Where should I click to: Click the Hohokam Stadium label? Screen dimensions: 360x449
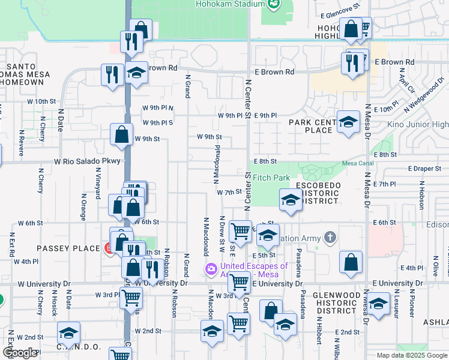click(x=230, y=4)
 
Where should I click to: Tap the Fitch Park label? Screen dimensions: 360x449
click(x=271, y=178)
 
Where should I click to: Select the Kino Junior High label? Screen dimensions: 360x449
click(x=423, y=125)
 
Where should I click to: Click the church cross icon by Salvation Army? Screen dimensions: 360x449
click(x=330, y=238)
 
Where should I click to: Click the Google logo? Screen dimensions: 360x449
click(x=20, y=353)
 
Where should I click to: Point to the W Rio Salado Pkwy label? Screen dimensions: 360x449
click(x=87, y=161)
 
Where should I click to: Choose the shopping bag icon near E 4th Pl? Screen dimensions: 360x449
click(x=351, y=262)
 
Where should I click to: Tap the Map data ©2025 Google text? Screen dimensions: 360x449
click(x=412, y=355)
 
